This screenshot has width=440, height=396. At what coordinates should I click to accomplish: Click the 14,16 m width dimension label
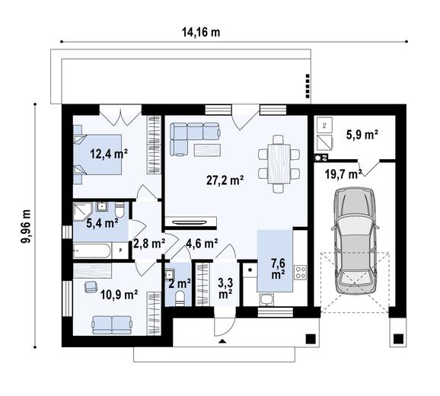(x=200, y=32)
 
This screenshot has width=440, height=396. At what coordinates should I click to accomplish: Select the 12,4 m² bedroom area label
(x=109, y=153)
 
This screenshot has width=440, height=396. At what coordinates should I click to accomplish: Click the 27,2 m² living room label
(x=225, y=180)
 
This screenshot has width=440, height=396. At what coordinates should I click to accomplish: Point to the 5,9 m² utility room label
(x=362, y=135)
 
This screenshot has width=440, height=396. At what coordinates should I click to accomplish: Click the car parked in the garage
(x=355, y=242)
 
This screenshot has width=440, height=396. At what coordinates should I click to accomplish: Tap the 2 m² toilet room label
(x=180, y=284)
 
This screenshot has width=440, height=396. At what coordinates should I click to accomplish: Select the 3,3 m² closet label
(x=225, y=287)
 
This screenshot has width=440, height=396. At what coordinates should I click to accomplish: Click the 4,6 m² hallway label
(x=202, y=244)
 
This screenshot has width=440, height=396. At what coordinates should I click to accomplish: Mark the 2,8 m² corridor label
(x=148, y=244)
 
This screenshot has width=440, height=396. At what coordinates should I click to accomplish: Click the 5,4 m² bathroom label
(x=102, y=223)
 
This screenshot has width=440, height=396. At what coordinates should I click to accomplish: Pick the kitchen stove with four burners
(x=299, y=272)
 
